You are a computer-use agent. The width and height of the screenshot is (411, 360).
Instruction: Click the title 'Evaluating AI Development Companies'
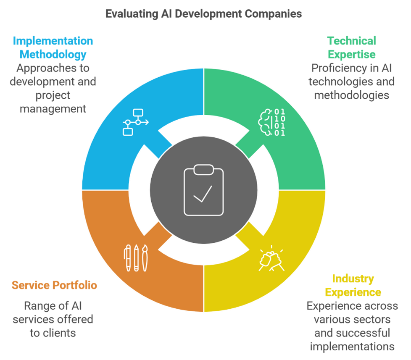[x=204, y=14]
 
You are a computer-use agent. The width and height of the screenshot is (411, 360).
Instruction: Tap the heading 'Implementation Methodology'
[x=53, y=48]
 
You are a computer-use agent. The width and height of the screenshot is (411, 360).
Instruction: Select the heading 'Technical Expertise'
[x=351, y=48]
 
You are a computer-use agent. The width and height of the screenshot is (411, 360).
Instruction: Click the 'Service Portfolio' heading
[x=54, y=285]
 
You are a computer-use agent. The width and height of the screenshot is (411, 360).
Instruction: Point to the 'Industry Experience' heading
[x=353, y=285]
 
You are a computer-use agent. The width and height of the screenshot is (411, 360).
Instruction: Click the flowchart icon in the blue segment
[x=136, y=122]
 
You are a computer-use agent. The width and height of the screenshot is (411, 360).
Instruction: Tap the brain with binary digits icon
[x=271, y=122]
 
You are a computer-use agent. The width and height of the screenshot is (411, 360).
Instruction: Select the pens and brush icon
[x=136, y=258]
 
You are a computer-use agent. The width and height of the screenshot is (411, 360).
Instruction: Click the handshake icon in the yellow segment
[x=271, y=258]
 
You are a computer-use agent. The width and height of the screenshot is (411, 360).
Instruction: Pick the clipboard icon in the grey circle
[x=204, y=190]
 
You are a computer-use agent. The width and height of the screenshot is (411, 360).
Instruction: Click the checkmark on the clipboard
[x=203, y=194]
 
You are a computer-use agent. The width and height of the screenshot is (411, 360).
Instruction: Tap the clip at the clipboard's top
[x=204, y=170]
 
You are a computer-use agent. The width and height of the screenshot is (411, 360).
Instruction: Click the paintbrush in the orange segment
[x=145, y=258]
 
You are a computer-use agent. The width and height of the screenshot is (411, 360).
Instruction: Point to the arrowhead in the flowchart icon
[x=147, y=122]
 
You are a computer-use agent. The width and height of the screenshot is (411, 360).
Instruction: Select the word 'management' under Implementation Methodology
[x=53, y=109]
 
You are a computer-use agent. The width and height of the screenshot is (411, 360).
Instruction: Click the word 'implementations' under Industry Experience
[x=352, y=347]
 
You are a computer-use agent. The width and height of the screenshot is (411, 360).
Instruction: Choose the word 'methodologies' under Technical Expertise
[x=351, y=95]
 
